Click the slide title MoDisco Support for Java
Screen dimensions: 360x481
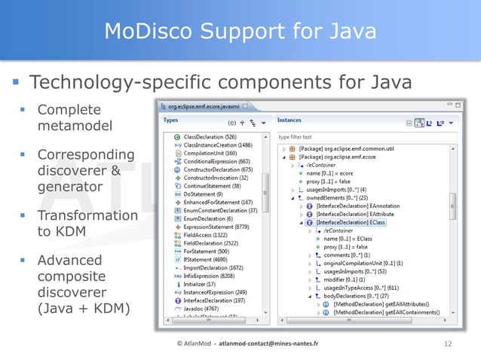tap(240, 31)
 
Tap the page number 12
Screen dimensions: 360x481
tap(449, 344)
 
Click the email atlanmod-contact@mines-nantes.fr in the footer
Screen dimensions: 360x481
tap(264, 344)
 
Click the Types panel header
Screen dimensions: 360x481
tap(171, 120)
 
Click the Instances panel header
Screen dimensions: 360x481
tap(290, 120)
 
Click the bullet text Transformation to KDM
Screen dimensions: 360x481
tap(87, 224)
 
